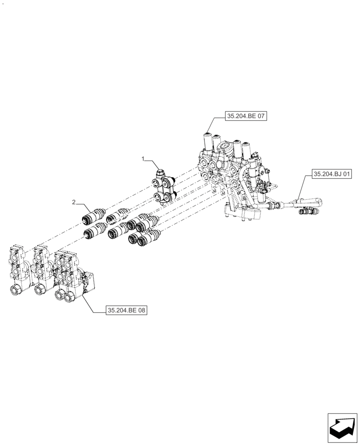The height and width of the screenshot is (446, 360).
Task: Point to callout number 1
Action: click(x=143, y=159)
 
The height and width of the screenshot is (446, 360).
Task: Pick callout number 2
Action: click(x=74, y=202)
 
